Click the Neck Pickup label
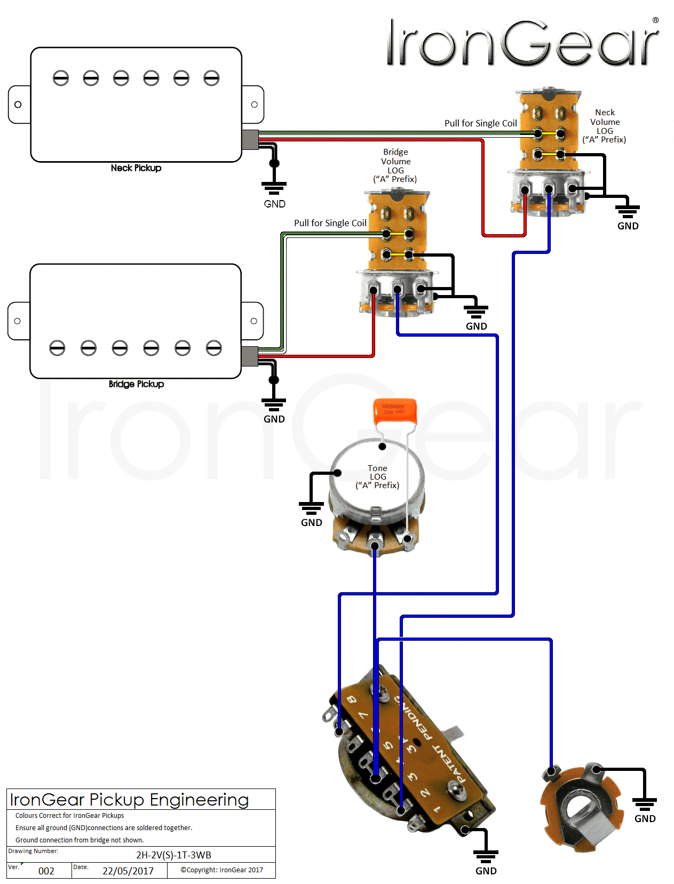[x=136, y=168]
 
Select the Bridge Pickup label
[x=136, y=384]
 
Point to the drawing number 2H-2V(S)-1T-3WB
[x=173, y=855]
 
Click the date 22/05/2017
[x=128, y=871]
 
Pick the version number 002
[x=46, y=871]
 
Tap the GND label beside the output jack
[x=645, y=818]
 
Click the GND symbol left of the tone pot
[x=311, y=507]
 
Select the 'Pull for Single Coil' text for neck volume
[x=481, y=123]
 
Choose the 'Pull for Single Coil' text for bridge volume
[x=330, y=223]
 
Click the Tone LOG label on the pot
[x=377, y=476]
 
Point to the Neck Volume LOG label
[x=605, y=126]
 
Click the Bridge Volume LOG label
[x=395, y=165]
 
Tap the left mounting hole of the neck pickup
[x=18, y=105]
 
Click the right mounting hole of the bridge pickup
[x=254, y=321]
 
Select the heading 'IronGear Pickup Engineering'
[x=129, y=800]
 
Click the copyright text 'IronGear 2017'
[x=222, y=870]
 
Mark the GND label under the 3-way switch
[x=486, y=871]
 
